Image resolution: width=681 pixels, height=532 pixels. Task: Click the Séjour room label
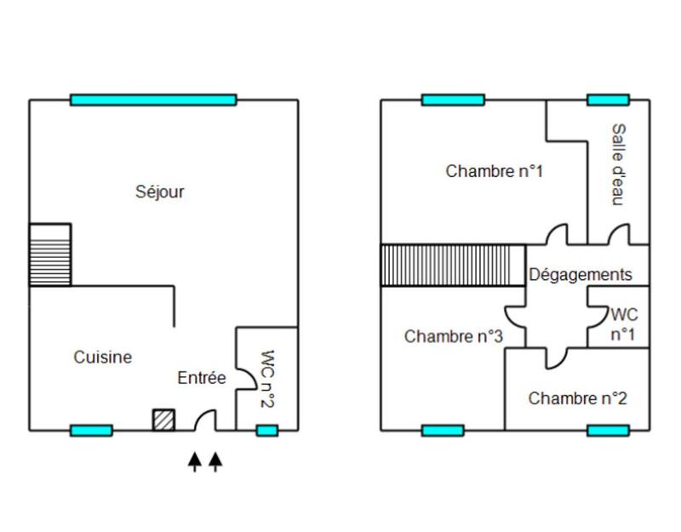pos(160,192)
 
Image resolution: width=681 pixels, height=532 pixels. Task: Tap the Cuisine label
pos(103,358)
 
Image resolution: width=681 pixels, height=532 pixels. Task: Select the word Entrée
pos(202,378)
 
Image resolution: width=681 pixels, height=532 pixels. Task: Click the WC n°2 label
pos(266,379)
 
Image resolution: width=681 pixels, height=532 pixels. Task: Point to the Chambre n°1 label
pos(495,171)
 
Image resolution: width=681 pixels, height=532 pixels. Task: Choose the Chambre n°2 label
pos(578,398)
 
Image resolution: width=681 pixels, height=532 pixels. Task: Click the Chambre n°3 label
pos(454,336)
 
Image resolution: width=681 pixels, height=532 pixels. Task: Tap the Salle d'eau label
pos(618,164)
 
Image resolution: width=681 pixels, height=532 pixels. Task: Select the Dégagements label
pos(581,275)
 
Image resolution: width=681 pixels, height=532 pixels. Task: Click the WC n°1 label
pos(623,324)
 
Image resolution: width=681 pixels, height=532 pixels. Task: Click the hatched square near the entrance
pos(163,420)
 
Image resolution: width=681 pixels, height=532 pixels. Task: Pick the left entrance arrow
pos(195,461)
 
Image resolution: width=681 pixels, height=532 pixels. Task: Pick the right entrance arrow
pos(215,461)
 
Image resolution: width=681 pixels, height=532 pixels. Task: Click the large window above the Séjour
pos(153,100)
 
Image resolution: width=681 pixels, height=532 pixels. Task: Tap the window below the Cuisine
pos(91,431)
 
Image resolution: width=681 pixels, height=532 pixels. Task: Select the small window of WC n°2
pos(267,431)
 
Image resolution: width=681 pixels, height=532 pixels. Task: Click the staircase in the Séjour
pos(50,255)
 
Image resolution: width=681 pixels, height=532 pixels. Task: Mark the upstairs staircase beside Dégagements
pos(452,265)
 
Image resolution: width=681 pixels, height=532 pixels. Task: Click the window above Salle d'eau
pos(608,100)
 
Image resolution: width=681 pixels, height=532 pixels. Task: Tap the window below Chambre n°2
pos(608,431)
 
